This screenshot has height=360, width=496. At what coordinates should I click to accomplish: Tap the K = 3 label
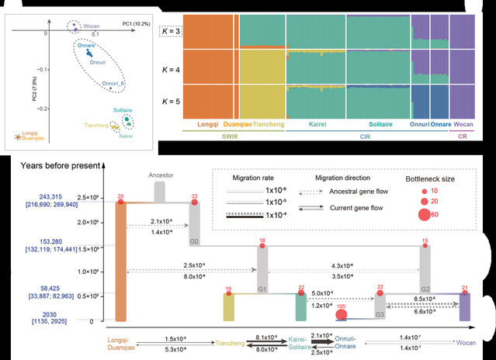click(172, 30)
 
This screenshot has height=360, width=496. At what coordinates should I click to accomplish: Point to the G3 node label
click(380, 314)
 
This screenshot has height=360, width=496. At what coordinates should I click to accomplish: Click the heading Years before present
click(51, 164)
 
